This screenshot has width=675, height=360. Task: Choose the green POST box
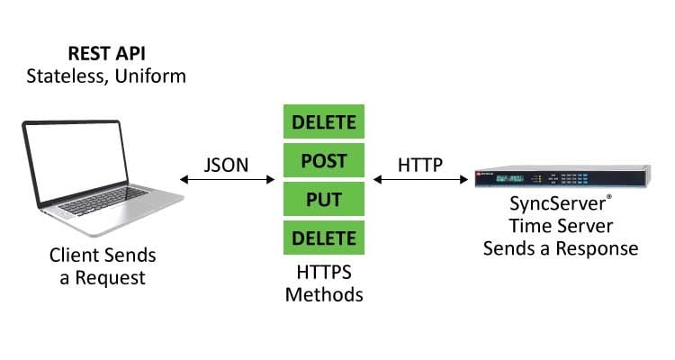click(324, 162)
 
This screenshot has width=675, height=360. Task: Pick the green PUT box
click(324, 200)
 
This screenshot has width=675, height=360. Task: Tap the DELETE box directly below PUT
click(324, 238)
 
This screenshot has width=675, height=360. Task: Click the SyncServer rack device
click(562, 179)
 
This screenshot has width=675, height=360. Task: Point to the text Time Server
click(561, 228)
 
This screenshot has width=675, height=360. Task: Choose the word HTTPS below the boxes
click(324, 272)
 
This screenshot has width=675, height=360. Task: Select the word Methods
click(324, 293)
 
